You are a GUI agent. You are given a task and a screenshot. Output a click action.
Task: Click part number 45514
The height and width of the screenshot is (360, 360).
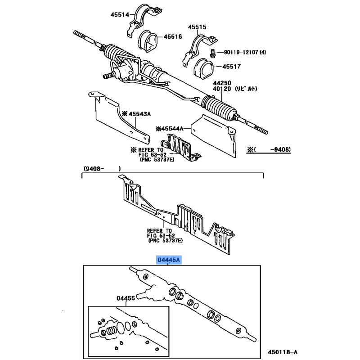(120, 15)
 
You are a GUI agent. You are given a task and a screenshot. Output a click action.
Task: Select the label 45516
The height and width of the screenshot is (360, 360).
(173, 36)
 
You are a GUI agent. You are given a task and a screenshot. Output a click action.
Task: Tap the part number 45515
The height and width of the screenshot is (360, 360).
(197, 27)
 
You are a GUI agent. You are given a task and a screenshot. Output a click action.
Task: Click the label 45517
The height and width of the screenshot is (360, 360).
(231, 67)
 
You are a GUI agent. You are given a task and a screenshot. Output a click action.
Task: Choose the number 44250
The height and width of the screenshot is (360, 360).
(222, 83)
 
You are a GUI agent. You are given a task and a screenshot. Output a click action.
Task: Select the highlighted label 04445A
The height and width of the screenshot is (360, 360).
(169, 260)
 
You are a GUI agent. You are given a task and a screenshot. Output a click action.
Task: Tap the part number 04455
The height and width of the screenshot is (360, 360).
(126, 298)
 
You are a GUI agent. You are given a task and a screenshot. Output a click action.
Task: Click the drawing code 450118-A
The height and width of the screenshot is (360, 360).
(283, 352)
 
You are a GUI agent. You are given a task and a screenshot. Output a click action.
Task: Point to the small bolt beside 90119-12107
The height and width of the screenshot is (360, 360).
(212, 53)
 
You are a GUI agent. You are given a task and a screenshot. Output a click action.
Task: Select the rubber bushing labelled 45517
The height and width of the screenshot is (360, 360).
(204, 67)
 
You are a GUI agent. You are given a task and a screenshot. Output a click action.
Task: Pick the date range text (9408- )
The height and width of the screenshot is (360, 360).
(102, 169)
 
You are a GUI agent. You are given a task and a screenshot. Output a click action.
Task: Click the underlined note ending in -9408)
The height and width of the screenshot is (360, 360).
(269, 150)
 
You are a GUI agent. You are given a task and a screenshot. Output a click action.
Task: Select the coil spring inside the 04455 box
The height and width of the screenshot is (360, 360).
(111, 331)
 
